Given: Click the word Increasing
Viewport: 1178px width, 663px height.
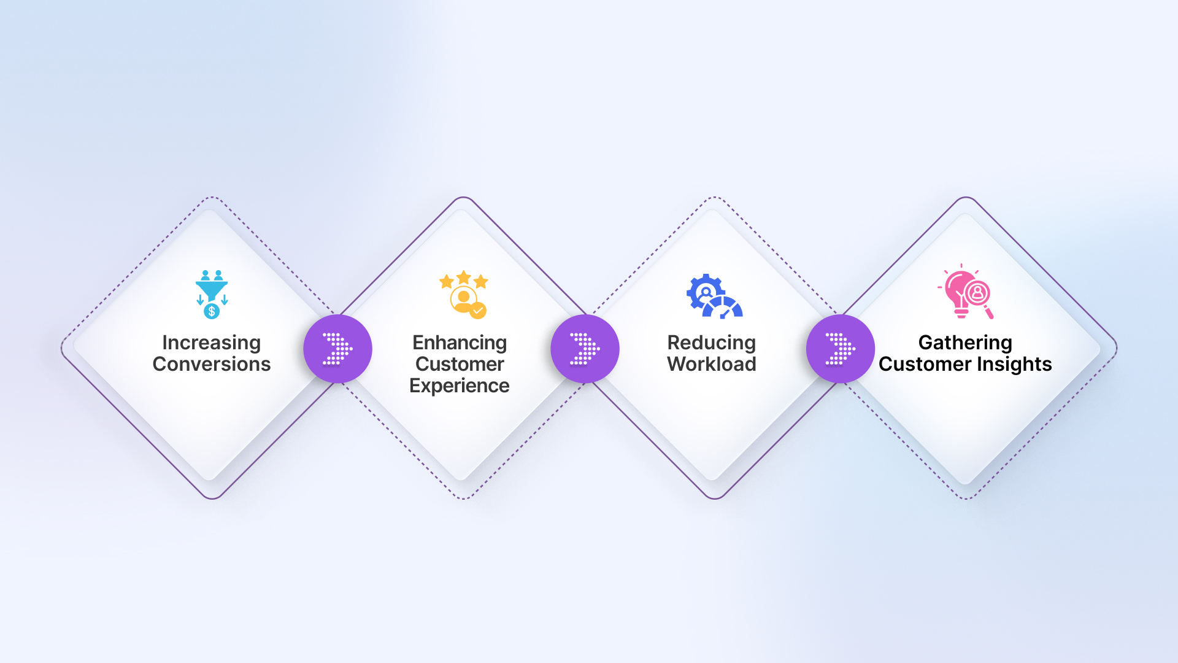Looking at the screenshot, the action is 211,343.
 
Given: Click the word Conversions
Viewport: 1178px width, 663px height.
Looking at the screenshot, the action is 212,364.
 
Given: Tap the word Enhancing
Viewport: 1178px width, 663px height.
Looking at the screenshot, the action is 460,343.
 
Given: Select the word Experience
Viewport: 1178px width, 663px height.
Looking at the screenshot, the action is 460,386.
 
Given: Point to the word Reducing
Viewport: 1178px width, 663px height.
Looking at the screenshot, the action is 712,343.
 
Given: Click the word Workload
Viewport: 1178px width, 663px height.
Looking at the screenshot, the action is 712,364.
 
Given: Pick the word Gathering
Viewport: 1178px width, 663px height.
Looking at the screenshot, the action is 965,343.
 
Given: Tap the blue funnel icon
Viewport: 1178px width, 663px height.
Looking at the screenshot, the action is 212,290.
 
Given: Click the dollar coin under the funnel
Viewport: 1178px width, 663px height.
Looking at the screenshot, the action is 212,311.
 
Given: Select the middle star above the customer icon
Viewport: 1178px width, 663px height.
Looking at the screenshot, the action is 464,277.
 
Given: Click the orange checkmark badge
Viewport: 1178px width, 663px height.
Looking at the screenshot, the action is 478,311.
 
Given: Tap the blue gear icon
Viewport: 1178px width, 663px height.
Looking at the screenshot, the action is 705,292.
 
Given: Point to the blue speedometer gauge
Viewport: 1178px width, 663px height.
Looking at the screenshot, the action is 723,308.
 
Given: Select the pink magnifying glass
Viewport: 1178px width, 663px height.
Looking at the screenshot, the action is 979,298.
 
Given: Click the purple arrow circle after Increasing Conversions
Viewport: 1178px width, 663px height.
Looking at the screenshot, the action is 338,349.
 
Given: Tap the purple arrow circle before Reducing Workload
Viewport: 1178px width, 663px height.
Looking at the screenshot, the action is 585,349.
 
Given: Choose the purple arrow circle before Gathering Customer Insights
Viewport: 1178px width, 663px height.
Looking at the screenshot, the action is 841,349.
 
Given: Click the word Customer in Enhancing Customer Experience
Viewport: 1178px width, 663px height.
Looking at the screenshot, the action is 460,365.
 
